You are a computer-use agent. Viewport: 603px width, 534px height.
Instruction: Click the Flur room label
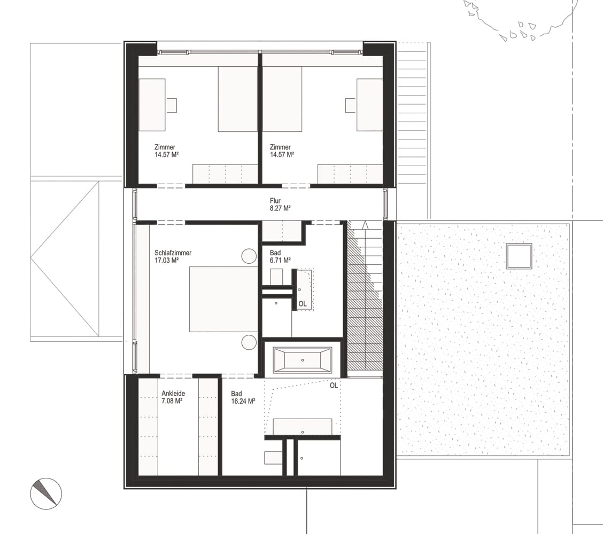tap(275, 201)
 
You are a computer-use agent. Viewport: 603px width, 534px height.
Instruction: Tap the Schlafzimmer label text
tap(173, 253)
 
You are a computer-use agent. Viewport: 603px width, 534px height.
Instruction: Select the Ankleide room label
tap(173, 394)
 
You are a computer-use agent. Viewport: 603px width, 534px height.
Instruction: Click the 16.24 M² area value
tap(243, 401)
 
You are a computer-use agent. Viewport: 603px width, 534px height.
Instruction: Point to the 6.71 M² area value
tap(280, 260)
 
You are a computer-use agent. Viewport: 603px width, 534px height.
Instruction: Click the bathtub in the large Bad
tap(302, 360)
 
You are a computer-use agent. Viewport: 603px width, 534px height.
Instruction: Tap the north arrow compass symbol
tap(46, 493)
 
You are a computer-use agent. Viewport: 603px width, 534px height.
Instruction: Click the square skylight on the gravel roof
tap(519, 256)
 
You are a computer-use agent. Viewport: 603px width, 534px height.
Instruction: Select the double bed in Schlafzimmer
tap(223, 299)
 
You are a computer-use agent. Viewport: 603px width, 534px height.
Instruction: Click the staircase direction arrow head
tap(365, 225)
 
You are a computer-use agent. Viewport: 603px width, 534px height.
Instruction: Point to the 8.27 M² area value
tap(280, 208)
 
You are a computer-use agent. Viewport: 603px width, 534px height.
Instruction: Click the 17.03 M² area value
tap(166, 260)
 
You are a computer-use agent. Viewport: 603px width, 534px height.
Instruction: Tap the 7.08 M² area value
tap(172, 400)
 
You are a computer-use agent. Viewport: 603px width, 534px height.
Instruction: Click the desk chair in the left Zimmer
tap(171, 105)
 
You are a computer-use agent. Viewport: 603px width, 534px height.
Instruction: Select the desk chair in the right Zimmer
tap(350, 105)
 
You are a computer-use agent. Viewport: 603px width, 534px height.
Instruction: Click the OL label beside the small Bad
tap(303, 304)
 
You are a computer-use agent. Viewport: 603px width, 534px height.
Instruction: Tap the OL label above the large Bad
tap(334, 386)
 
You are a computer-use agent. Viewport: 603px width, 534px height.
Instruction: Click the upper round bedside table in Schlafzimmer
tap(249, 256)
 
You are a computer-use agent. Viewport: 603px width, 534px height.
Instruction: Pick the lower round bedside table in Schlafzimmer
tap(249, 342)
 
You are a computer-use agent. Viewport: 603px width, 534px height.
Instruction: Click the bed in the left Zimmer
tap(238, 99)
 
